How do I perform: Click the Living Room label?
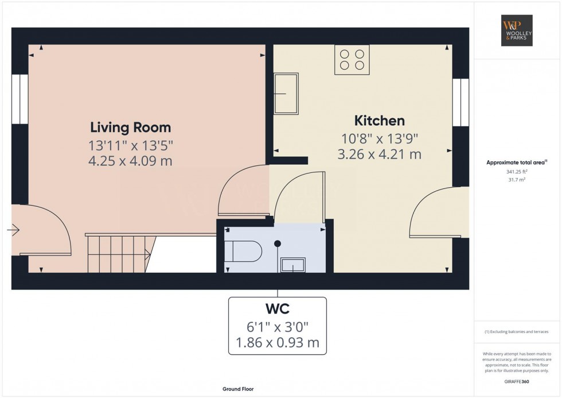(x=130, y=127)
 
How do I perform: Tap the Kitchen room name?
(x=379, y=121)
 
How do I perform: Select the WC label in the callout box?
(x=277, y=310)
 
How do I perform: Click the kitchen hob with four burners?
(x=352, y=60)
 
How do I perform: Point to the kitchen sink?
(x=286, y=93)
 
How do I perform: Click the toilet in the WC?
(x=243, y=251)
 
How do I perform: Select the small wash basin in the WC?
(x=292, y=265)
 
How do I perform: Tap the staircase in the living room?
(x=119, y=253)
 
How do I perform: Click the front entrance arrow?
(x=13, y=230)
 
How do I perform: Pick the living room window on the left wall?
(x=19, y=99)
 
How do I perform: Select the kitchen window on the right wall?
(x=460, y=102)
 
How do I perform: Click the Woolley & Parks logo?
(x=517, y=30)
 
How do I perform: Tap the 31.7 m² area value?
(x=517, y=179)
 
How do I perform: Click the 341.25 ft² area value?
(x=517, y=171)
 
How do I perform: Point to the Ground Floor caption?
(x=238, y=389)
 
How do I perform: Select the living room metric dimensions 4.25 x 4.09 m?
(x=130, y=161)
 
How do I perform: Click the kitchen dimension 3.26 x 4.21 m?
(x=379, y=154)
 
